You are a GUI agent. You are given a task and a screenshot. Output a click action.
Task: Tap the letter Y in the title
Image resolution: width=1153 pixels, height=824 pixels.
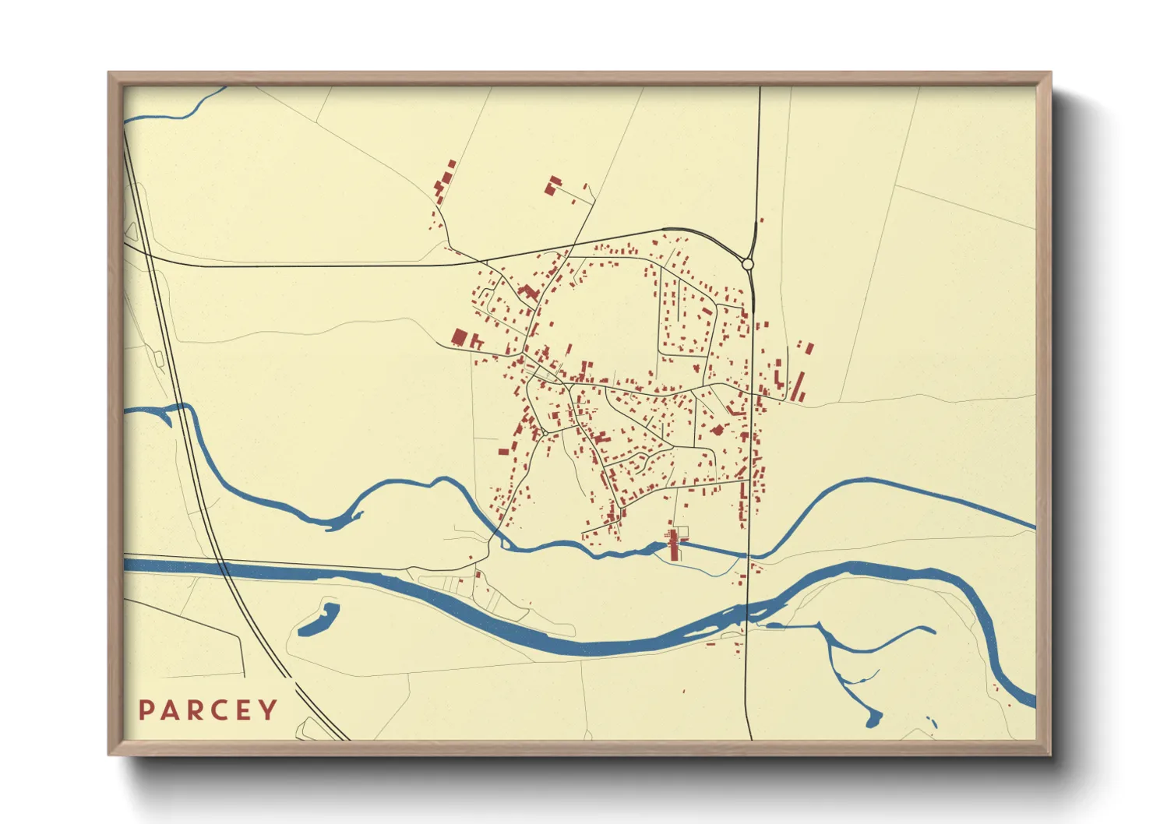point(268,710)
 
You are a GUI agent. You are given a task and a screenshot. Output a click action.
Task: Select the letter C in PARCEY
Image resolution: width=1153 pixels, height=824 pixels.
point(206,710)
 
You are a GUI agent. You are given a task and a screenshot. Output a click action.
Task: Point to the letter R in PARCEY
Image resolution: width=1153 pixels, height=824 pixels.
point(186,710)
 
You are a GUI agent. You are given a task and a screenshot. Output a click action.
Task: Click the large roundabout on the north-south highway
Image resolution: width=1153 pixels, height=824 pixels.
point(748,265)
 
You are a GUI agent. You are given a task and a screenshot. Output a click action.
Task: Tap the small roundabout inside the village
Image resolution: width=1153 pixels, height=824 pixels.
point(545,432)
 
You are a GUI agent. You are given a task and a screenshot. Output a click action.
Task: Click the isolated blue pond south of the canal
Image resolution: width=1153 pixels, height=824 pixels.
point(319,619)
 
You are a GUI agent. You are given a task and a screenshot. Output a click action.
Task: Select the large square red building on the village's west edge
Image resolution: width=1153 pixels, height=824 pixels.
point(460,336)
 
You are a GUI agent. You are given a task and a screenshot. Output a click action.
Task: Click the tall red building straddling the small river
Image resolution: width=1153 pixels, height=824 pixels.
point(674,544)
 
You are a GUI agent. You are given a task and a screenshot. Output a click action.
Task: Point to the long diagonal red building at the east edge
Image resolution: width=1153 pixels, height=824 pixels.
point(798,386)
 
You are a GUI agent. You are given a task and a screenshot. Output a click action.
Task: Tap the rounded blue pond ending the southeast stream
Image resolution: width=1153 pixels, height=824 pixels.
point(873,718)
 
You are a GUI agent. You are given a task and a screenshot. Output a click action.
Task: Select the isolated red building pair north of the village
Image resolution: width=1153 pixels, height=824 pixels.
point(553,186)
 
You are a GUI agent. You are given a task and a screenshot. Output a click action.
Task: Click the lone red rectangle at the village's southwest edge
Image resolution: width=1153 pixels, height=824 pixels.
point(503,451)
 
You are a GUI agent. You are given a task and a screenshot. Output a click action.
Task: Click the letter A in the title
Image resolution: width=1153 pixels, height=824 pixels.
point(166,710)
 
